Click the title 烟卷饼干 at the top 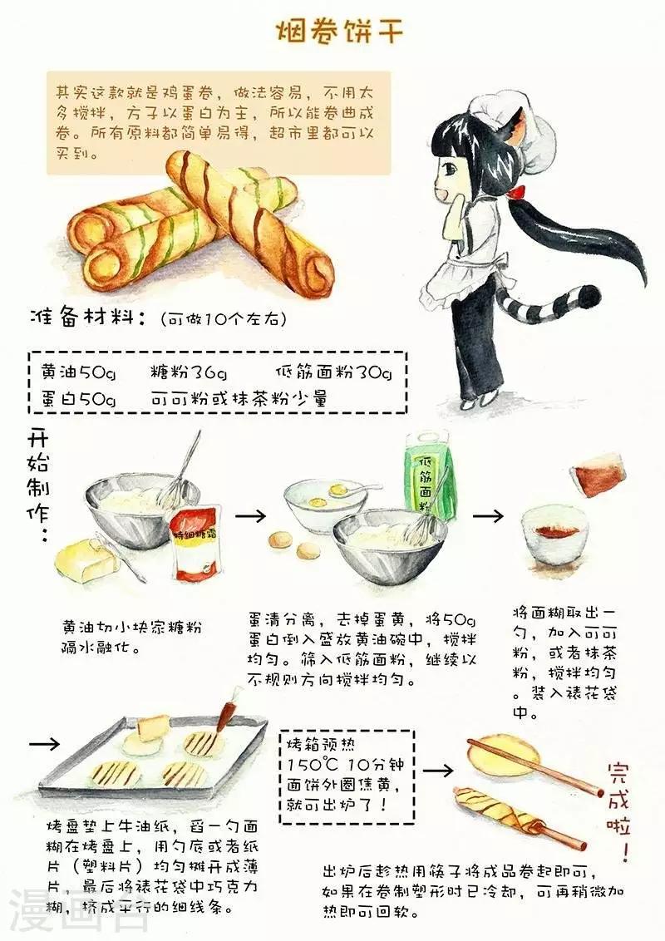pos(339,32)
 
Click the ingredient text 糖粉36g pos(189,372)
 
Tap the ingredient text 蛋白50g pos(77,398)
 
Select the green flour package pos(430,480)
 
